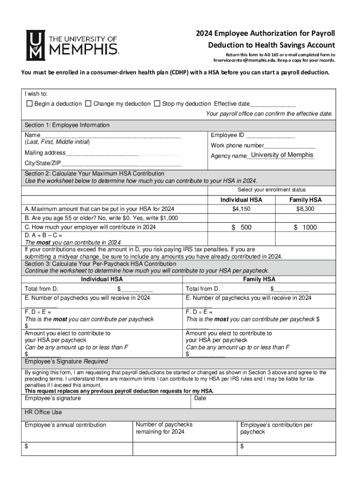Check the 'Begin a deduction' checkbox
pos(29,103)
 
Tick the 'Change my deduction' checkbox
pos(88,103)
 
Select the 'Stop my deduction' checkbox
pos(157,103)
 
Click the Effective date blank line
pos(273,104)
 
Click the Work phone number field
pos(289,146)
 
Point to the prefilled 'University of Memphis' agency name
pos(282,155)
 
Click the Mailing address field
pos(102,153)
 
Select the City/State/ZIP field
pos(122,164)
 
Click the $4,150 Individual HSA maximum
pos(241,209)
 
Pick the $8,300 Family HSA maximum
pos(305,209)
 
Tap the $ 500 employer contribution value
pos(241,227)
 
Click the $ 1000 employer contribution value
pos(305,227)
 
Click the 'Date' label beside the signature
pos(200,399)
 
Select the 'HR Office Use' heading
pos(43,413)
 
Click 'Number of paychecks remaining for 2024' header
pos(164,428)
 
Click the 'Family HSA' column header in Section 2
pos(305,200)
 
